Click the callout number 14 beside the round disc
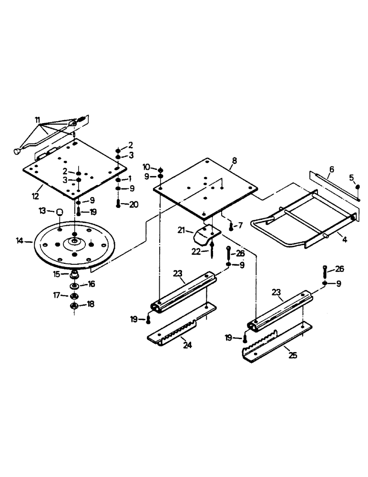click(x=20, y=242)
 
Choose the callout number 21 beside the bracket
click(x=181, y=231)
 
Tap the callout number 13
click(x=42, y=210)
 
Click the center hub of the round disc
click(x=75, y=242)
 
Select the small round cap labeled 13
click(x=59, y=212)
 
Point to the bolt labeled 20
click(x=118, y=204)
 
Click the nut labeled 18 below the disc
click(x=74, y=306)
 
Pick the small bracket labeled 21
click(x=206, y=234)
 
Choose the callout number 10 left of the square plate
click(x=146, y=167)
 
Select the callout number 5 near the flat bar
click(x=351, y=178)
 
